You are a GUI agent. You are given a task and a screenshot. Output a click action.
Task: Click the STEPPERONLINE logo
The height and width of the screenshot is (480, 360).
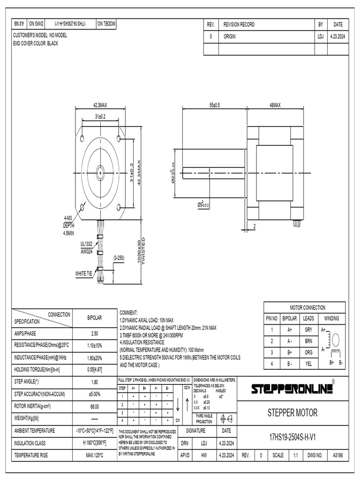292,389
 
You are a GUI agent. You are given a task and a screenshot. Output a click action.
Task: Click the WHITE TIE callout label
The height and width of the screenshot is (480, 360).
84,273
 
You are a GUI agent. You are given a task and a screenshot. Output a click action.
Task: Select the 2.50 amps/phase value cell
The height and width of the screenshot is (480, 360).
94,333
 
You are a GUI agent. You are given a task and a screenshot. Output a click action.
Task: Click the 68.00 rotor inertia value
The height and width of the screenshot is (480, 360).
94,406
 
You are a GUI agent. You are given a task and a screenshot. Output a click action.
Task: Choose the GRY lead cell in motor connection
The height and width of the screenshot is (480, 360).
308,330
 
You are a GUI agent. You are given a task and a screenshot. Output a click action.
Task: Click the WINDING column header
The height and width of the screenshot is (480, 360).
331,318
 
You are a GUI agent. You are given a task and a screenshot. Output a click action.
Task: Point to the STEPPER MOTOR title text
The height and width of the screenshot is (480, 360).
292,413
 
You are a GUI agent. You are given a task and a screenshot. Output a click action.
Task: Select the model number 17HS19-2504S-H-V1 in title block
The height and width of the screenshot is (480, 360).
292,437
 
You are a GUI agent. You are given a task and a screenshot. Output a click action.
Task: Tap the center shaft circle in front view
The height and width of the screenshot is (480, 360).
101,172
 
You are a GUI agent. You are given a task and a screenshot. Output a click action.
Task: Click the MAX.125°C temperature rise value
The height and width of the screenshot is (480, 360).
94,455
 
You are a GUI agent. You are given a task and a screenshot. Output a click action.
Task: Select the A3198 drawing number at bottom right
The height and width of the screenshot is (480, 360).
337,455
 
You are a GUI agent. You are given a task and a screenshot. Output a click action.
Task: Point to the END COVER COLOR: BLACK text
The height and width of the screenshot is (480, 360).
37,43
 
